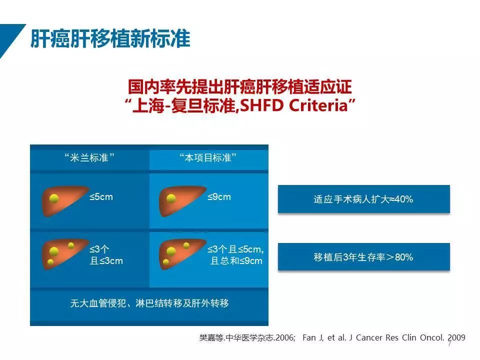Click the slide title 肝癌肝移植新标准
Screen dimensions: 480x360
(110, 39)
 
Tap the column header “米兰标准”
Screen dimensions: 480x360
(89, 157)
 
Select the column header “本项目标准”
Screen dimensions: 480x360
(208, 157)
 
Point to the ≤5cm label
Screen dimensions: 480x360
(101, 197)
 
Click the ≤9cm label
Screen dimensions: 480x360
(219, 197)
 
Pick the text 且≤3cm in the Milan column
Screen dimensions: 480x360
(106, 261)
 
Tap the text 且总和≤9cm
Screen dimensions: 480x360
(236, 261)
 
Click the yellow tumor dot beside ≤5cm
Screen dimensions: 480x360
(54, 198)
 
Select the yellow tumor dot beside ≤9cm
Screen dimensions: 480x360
(171, 198)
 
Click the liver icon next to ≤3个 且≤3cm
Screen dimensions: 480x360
(65, 254)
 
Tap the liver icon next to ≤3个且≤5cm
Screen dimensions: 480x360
(182, 254)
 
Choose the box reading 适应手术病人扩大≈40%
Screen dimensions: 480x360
(363, 199)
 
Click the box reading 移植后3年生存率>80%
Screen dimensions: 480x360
(363, 257)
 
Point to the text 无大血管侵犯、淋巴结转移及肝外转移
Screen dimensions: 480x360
(149, 303)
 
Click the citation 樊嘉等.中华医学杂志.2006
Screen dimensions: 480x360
(247, 337)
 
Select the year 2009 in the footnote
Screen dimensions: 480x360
(456, 337)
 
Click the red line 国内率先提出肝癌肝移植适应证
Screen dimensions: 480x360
(239, 87)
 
